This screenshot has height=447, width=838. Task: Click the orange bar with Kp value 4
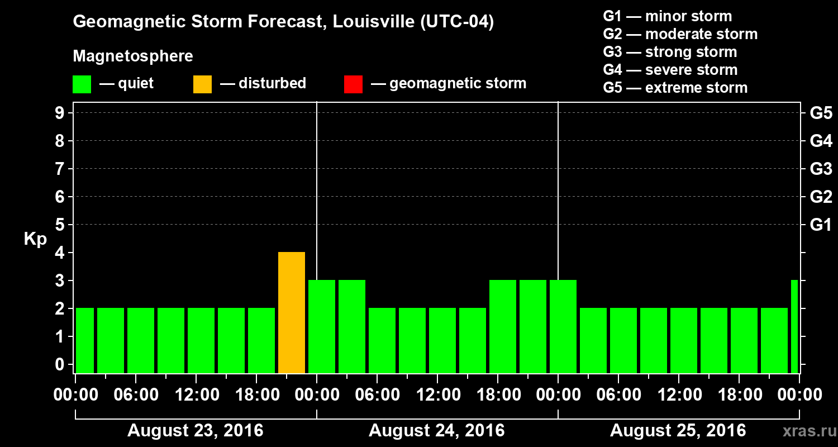click(292, 312)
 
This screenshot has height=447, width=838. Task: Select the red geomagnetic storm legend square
click(353, 84)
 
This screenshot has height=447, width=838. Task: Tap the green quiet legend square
click(82, 84)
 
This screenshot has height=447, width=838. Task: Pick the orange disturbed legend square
click(202, 84)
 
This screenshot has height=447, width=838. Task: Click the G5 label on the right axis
click(821, 113)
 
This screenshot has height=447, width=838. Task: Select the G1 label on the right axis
click(821, 225)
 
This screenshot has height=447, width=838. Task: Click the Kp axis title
click(35, 239)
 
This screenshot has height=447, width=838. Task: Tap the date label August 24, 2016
click(436, 431)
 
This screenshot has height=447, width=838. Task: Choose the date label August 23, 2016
click(195, 431)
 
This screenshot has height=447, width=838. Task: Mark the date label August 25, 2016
click(678, 431)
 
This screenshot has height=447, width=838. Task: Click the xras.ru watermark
click(805, 431)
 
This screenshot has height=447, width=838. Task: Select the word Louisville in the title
click(366, 22)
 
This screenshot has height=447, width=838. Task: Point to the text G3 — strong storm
click(670, 52)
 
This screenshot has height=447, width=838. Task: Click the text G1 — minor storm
click(667, 16)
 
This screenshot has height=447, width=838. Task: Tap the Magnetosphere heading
click(133, 56)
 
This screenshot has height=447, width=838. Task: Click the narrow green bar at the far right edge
click(794, 326)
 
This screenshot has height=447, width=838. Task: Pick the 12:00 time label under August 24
click(437, 395)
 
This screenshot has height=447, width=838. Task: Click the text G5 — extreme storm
click(675, 88)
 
